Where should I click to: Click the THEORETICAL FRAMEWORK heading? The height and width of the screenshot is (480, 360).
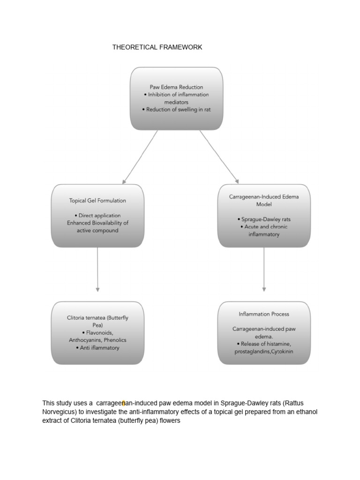tap(157, 47)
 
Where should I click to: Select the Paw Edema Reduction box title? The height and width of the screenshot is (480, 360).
tap(176, 87)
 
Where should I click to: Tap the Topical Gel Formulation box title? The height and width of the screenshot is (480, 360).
tap(97, 200)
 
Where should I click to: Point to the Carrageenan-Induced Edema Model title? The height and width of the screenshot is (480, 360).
tap(264, 201)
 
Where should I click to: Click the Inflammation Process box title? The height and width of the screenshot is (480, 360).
tap(264, 314)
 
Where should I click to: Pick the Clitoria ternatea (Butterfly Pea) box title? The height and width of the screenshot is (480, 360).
tap(97, 321)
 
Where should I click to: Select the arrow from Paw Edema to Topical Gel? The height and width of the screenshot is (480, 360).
tap(140, 157)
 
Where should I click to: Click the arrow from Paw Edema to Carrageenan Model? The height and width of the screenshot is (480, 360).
tap(219, 157)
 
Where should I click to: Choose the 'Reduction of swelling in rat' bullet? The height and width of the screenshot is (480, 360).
tap(176, 109)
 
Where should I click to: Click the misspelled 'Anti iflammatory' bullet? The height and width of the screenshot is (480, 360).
tap(97, 348)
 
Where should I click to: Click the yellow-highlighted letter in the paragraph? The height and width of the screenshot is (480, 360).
tap(123, 403)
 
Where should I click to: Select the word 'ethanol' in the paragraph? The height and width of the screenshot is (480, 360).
tap(307, 412)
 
